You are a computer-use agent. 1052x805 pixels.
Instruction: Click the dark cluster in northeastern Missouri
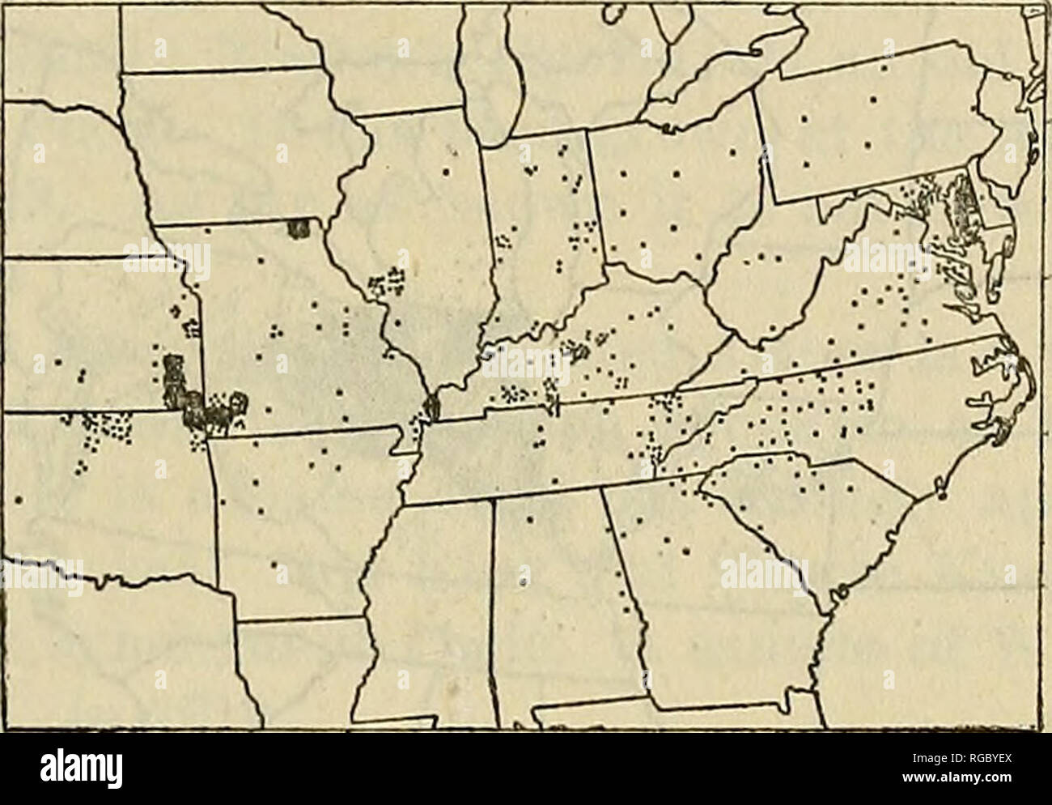(x=299, y=228)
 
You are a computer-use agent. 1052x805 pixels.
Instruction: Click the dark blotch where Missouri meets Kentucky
(x=432, y=407)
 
